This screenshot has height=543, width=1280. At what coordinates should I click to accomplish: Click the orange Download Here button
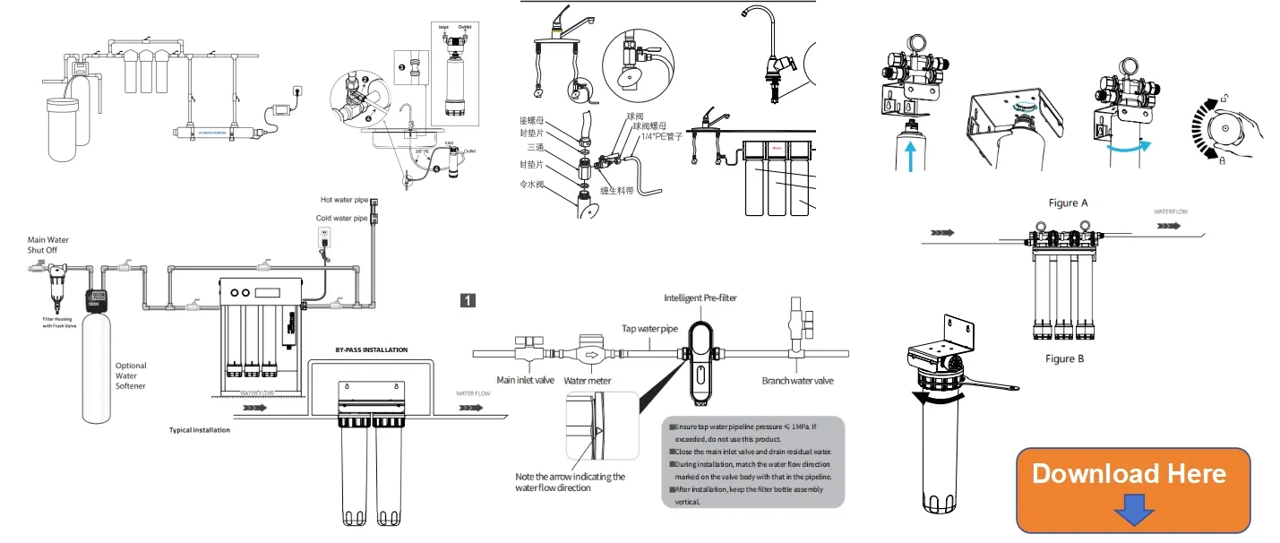(x=1132, y=489)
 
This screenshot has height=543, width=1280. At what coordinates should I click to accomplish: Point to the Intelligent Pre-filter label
(x=700, y=297)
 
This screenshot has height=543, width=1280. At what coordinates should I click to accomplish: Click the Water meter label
(x=587, y=381)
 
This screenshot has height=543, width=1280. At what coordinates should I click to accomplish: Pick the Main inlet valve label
(x=526, y=381)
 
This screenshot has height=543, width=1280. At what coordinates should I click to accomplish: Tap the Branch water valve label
(x=797, y=381)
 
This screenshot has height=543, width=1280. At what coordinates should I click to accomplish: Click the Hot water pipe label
(x=344, y=200)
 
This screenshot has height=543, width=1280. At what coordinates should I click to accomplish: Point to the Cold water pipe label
(x=341, y=218)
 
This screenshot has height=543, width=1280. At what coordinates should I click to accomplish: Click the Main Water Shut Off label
(x=48, y=245)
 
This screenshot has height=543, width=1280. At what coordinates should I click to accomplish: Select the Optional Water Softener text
(x=131, y=375)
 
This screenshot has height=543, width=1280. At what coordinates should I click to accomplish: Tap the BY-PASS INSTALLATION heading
(x=371, y=349)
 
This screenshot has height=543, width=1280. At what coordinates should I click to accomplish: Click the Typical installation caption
(x=200, y=430)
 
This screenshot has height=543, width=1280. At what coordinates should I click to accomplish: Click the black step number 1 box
(x=467, y=300)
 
